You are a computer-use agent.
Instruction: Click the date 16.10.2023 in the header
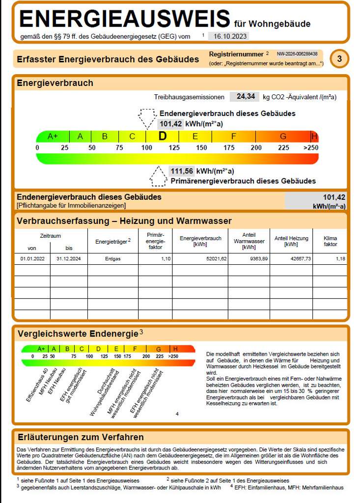[228, 36]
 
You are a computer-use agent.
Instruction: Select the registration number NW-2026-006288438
[297, 54]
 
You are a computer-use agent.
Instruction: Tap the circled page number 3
[339, 59]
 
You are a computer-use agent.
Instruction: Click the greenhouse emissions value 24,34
[245, 97]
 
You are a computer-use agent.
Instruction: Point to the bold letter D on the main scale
[163, 137]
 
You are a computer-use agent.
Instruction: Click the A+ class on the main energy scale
[53, 137]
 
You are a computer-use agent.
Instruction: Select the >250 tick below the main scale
[310, 148]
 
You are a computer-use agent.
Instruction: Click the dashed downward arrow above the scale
[147, 118]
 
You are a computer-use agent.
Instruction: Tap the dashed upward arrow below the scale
[158, 176]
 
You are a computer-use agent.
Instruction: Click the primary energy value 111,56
[181, 171]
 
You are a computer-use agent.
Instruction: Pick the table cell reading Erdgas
[112, 258]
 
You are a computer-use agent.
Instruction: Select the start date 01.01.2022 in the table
[32, 258]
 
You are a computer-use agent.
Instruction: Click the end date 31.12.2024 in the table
[68, 258]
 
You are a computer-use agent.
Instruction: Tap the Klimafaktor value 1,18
[340, 258]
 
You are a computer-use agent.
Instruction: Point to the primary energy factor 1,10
[165, 258]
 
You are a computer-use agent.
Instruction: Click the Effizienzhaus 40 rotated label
[37, 384]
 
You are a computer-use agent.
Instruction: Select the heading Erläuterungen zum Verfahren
[81, 437]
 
